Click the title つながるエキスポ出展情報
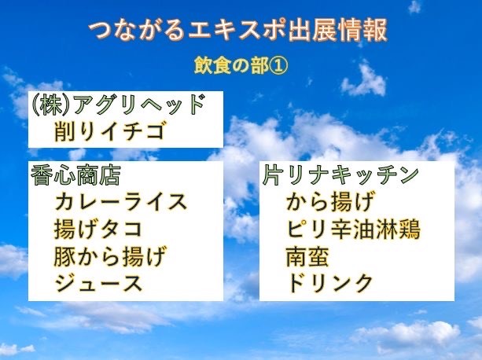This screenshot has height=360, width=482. pos(237,31)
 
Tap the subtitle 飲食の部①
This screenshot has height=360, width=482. pos(241,66)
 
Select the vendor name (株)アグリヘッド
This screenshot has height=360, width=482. pos(119,105)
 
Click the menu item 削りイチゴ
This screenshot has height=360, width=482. pos(109,130)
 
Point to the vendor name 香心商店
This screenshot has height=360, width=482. pos(75,175)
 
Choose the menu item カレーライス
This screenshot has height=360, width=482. pos(121,201)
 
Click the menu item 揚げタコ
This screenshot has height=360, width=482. pos(98,229)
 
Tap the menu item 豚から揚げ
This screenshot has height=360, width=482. pos(110,256)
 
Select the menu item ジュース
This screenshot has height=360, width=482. pos(98,283)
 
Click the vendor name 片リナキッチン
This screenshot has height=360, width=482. pos(340,175)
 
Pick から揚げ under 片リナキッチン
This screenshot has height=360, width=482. pos(331,201)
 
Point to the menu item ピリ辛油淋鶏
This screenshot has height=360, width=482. pos(353,229)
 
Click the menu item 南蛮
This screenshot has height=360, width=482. pos(307,256)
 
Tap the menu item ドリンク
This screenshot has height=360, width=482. pos(329,283)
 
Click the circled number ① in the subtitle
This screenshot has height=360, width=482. pos(279,66)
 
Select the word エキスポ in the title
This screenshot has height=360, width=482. pos(237,31)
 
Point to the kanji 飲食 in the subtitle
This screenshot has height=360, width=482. pos(212,66)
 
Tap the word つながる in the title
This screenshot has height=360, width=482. pos(137,31)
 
